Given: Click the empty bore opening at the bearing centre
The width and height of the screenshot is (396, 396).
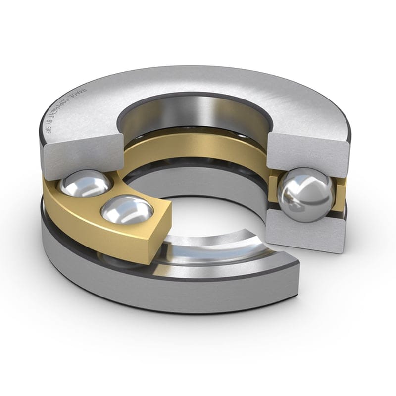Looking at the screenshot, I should pos(198,198).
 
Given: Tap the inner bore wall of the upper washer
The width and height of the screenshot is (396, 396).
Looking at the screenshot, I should pos(198,111).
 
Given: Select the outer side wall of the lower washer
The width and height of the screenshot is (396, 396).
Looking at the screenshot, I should pos(148,292).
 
